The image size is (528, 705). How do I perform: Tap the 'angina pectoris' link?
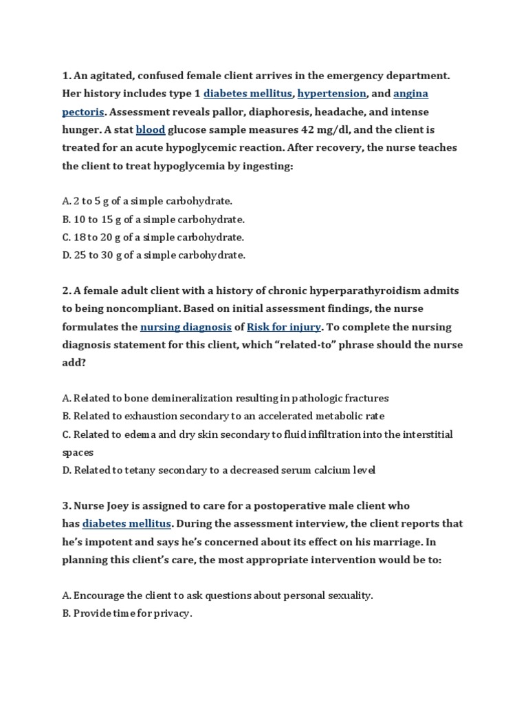coord(411,93)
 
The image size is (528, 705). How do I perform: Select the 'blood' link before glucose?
coord(150,129)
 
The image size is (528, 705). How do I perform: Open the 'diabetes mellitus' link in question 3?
coord(126,524)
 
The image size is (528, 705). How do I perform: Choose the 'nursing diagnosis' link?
coord(186,327)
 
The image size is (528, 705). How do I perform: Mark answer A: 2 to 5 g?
coord(147,202)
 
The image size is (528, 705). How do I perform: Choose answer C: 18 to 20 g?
coord(153,238)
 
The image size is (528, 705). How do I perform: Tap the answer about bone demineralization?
coord(225,399)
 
